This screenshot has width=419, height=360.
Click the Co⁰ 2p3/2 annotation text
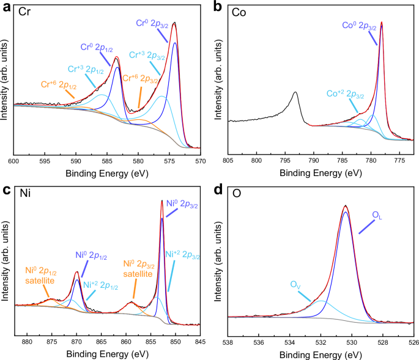pyautogui.click(x=360, y=25)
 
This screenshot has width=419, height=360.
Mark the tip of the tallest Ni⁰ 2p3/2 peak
pyautogui.click(x=162, y=200)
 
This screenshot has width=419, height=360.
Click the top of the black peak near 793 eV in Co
pyautogui.click(x=295, y=92)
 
